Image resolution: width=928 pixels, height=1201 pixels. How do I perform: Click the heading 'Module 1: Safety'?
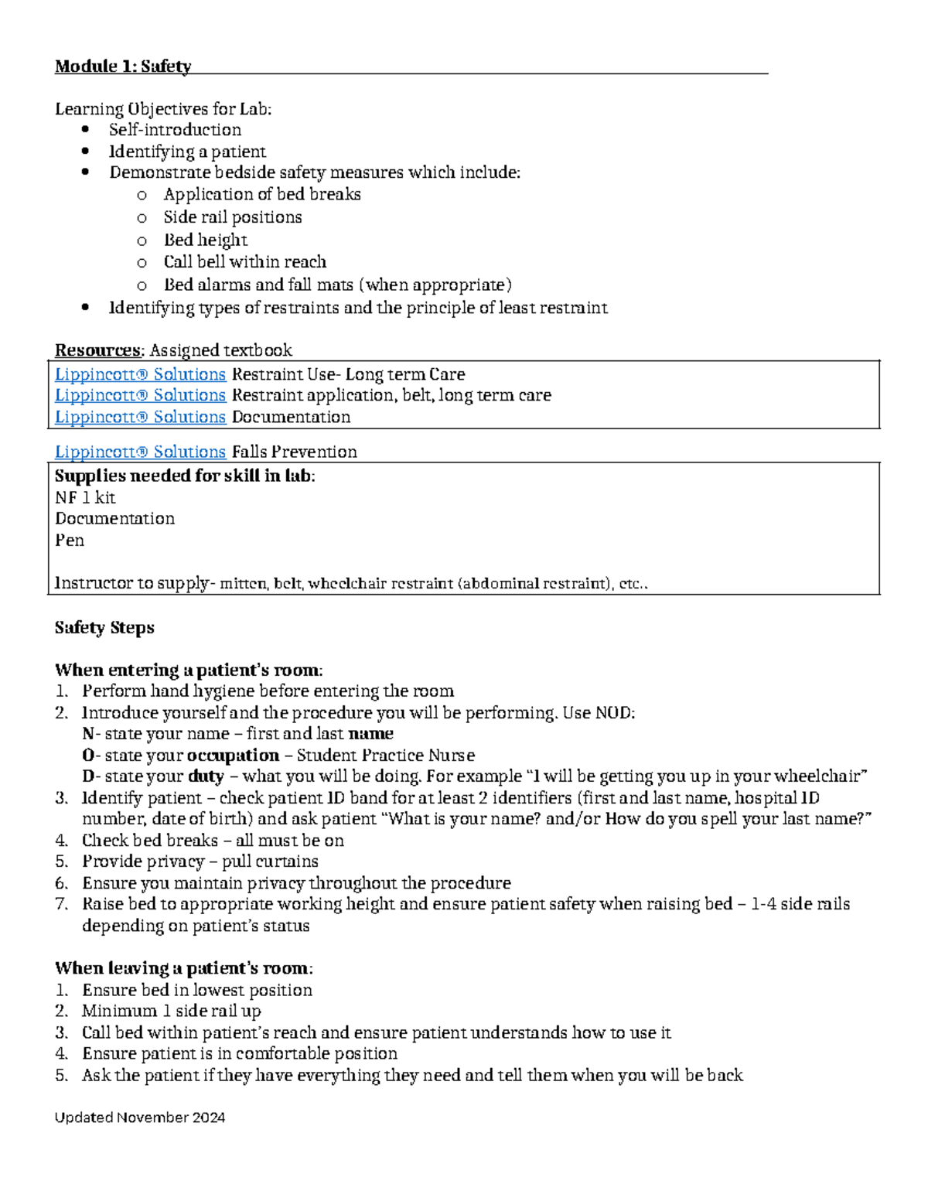coord(122,67)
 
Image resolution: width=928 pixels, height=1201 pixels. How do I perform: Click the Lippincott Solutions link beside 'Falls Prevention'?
coord(140,452)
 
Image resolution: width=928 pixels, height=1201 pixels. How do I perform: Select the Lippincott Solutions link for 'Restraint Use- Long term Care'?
coord(140,374)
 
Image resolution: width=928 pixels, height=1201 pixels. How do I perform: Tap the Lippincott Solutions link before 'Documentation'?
coord(140,417)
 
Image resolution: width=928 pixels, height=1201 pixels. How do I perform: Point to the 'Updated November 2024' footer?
coord(140,1117)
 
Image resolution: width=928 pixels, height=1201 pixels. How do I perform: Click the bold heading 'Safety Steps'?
coord(104,627)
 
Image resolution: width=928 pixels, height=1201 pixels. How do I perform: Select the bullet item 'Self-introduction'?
coord(175,130)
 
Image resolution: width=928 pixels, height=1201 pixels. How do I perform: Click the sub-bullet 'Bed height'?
coord(205,240)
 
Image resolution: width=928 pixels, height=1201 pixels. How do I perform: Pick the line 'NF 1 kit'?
coord(85,497)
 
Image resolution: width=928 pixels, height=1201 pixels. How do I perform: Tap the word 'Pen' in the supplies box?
coord(70,540)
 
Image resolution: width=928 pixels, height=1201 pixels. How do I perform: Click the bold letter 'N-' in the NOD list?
coord(90,733)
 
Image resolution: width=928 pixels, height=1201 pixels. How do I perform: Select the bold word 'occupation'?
coord(233,755)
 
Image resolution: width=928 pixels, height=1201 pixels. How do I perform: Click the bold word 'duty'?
coord(206,776)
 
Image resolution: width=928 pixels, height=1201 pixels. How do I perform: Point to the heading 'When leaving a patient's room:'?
coord(183,968)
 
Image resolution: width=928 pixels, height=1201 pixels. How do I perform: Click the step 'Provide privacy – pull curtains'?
coord(200,862)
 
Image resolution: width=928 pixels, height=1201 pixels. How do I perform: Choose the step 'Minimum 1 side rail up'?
coord(172,1011)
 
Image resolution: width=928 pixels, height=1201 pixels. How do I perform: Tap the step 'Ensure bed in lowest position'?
coord(197,990)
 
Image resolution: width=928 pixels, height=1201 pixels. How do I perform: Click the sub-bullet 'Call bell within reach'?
coord(244,261)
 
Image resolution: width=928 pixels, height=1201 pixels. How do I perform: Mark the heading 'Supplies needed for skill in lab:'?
coord(185,476)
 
